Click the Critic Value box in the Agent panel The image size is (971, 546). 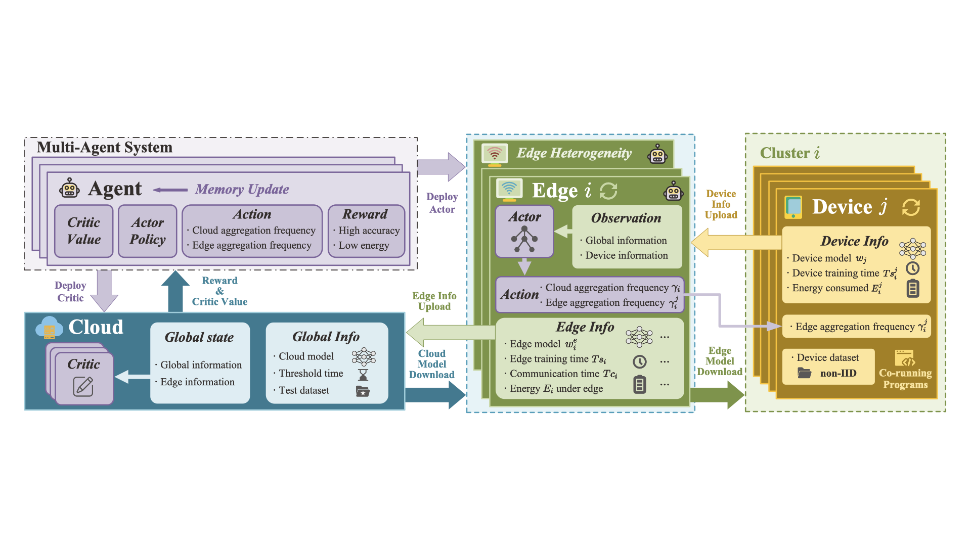84,231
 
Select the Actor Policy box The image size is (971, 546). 147,231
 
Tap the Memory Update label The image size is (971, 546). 242,190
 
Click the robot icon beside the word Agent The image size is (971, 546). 69,189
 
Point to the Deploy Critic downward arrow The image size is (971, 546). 104,290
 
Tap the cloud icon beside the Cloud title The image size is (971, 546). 49,327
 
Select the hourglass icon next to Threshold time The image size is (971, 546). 363,375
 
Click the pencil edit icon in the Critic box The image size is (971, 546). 83,387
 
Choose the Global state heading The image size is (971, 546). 199,337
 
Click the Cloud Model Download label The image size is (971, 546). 431,364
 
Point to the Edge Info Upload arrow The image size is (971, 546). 450,332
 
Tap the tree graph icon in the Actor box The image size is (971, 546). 524,239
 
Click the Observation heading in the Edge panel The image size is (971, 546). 626,218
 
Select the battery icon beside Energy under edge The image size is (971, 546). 640,385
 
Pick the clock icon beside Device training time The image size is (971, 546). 912,268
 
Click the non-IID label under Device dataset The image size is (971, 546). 838,374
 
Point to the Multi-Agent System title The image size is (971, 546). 105,148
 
